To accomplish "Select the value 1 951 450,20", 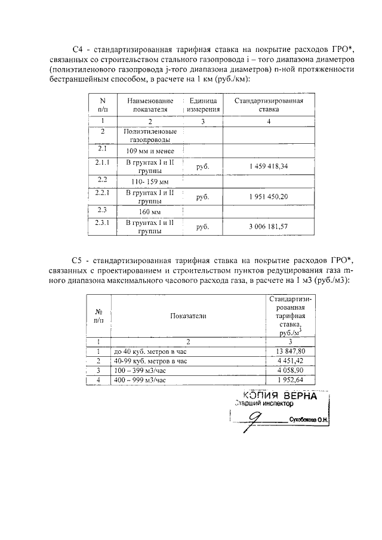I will tap(268, 197).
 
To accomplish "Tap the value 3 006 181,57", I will tap(268, 226).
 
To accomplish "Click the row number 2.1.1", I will tap(102, 162).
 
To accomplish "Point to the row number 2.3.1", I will tap(102, 223).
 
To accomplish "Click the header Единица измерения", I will tap(204, 106).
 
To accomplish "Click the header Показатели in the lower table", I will tap(187, 316).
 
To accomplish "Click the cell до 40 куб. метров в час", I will tap(146, 351).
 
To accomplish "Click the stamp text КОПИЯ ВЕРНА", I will tap(280, 396).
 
